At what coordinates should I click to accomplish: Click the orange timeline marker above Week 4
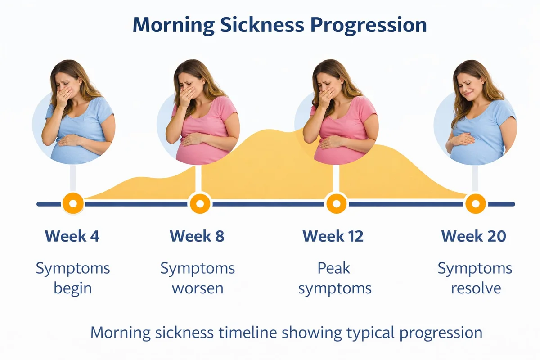pyautogui.click(x=73, y=203)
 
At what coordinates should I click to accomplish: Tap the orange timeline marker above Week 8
pyautogui.click(x=200, y=203)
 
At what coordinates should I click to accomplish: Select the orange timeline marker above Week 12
pyautogui.click(x=337, y=203)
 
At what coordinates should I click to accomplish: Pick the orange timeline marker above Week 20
pyautogui.click(x=475, y=203)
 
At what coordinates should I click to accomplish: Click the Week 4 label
pyautogui.click(x=72, y=236)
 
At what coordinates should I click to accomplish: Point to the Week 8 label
pyautogui.click(x=197, y=236)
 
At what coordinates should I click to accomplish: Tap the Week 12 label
pyautogui.click(x=333, y=236)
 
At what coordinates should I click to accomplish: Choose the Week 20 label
pyautogui.click(x=474, y=236)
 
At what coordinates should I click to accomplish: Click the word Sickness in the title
pyautogui.click(x=262, y=25)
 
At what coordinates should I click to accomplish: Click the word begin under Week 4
pyautogui.click(x=73, y=288)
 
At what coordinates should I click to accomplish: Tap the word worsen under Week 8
pyautogui.click(x=198, y=288)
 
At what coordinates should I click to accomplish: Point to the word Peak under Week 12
pyautogui.click(x=333, y=268)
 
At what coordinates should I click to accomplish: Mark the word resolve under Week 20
pyautogui.click(x=476, y=288)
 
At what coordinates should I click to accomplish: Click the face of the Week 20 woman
pyautogui.click(x=469, y=85)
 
